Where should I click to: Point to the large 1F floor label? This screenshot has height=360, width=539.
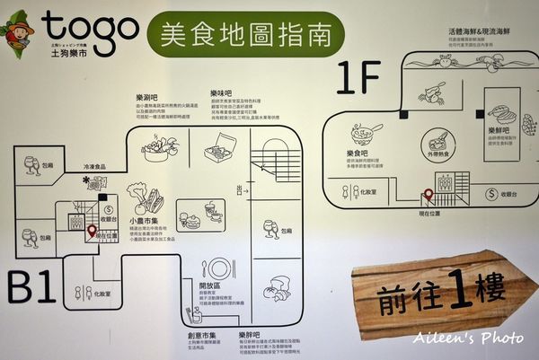tap(359, 79)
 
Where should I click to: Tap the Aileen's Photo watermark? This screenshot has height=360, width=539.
tap(469, 338)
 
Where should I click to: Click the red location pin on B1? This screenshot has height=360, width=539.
tap(91, 231)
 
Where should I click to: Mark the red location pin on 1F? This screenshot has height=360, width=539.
tap(429, 195)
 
